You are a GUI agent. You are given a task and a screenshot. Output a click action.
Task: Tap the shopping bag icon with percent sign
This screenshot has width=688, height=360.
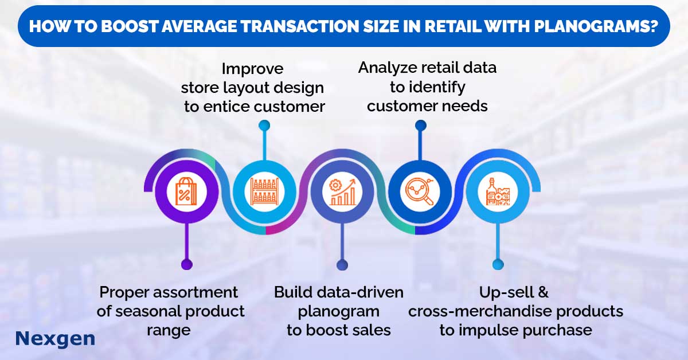coord(186,191)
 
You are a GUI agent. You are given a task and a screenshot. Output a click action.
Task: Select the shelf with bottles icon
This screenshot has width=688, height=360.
coord(264,191)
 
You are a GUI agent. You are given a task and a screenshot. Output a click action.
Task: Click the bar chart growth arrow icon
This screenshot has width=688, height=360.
coord(342,192)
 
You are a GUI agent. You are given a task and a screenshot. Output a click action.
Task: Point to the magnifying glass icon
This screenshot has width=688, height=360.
coord(420,191)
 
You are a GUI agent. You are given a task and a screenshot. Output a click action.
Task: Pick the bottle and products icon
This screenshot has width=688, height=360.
coord(498,191)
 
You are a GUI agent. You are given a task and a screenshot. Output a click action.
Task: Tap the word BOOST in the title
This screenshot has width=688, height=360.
coord(129,26)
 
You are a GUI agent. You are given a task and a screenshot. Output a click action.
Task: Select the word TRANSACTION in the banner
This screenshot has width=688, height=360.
coord(300,26)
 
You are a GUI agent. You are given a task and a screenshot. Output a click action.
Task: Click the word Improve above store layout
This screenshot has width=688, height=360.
coord(252,69)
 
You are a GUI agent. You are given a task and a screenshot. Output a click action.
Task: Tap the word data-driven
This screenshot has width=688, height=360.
coord(360,292)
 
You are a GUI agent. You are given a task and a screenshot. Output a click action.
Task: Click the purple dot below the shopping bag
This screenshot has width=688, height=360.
coord(187,264)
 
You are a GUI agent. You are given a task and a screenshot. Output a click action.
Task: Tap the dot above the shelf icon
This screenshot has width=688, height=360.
coord(264,126)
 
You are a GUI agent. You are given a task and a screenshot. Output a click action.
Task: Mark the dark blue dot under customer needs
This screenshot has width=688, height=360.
coord(421,126)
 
